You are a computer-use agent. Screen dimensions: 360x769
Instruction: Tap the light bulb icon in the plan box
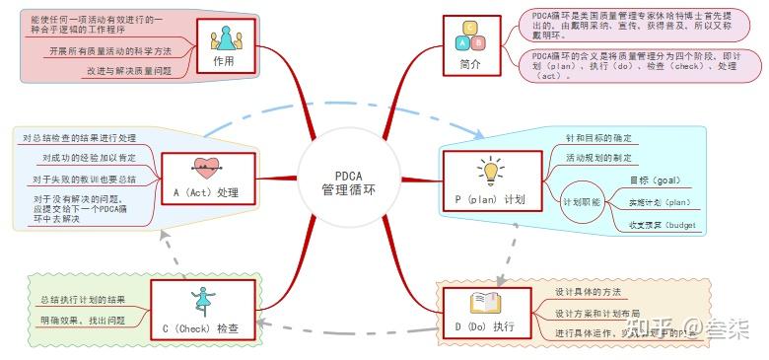coord(490,171)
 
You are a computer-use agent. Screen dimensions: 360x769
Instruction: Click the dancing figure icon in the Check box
coord(205,297)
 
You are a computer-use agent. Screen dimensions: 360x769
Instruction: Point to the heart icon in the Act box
coord(206,168)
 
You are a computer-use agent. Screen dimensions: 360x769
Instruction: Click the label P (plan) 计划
coord(490,199)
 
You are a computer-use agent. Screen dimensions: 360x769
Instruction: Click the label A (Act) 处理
coord(206,192)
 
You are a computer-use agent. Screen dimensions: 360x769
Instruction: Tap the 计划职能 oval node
coord(582,201)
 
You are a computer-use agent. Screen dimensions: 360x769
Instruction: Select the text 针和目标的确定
coord(598,139)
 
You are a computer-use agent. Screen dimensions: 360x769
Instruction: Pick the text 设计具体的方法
coord(588,292)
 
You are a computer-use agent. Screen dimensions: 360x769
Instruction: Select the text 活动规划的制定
coord(598,158)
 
